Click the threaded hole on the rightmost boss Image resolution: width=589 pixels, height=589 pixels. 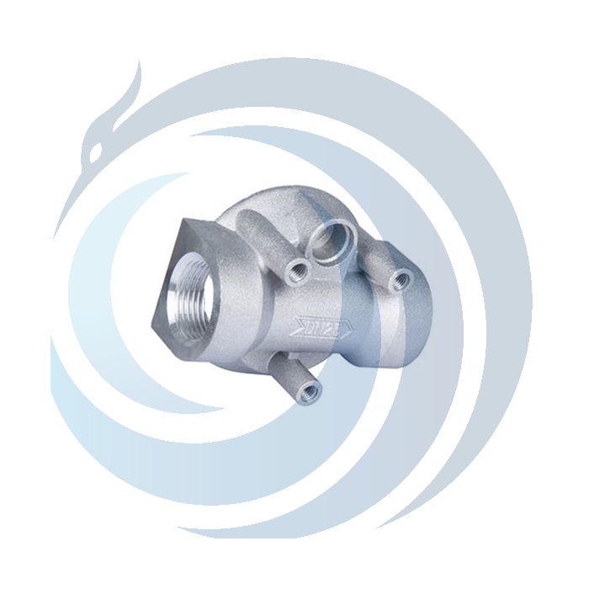point(403,274)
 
